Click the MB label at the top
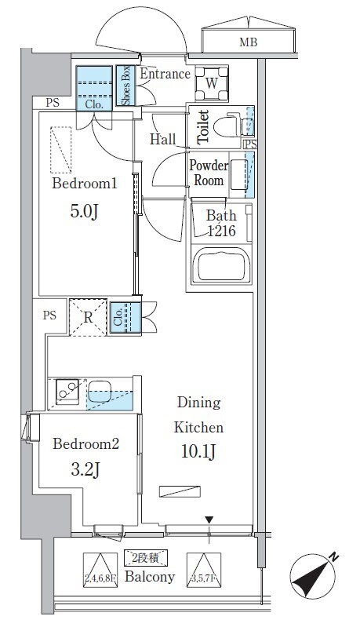click(x=248, y=42)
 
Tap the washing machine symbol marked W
click(x=212, y=83)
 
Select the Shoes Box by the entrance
click(x=125, y=86)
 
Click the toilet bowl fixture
click(x=228, y=126)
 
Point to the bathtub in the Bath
click(x=221, y=265)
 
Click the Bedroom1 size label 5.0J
click(x=84, y=211)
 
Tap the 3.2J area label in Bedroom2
click(x=85, y=470)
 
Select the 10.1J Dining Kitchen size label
click(x=198, y=451)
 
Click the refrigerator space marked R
click(x=88, y=318)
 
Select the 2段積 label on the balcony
click(x=146, y=558)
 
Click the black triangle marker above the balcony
click(x=209, y=520)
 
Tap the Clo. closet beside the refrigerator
click(x=125, y=319)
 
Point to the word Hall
click(x=163, y=139)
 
